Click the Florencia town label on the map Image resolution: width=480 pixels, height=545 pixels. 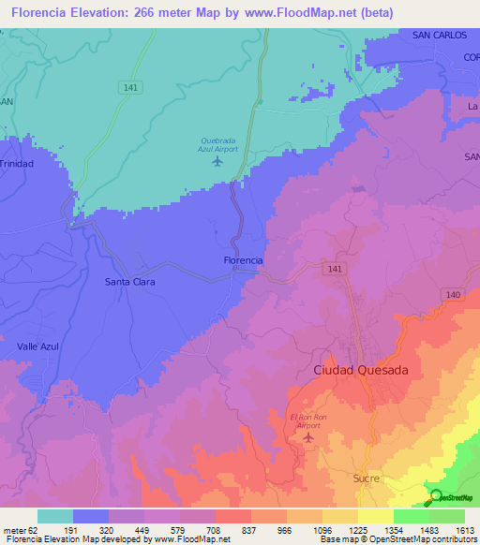[243, 259]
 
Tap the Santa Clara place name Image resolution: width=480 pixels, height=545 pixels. [129, 282]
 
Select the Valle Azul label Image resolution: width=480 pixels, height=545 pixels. [38, 346]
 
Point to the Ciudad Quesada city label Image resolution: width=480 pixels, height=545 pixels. [360, 371]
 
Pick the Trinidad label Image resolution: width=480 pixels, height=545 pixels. [16, 164]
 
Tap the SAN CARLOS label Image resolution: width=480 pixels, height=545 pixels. [439, 35]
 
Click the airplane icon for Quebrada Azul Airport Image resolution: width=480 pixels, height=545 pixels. [218, 161]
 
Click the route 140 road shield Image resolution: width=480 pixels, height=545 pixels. [453, 294]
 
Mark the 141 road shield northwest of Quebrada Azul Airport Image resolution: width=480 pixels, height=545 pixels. [131, 87]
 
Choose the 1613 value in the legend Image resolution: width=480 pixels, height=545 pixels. [465, 530]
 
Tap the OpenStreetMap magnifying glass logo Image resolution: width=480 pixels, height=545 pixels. [436, 497]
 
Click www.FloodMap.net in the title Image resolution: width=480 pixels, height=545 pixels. [306, 12]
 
